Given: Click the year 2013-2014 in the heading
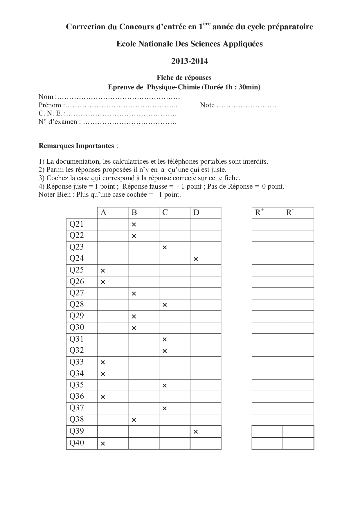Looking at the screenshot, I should point(189,61).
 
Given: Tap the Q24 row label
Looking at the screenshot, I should point(77,258).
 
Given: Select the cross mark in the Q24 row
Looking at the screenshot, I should point(196,259).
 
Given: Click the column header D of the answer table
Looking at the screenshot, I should point(196,213).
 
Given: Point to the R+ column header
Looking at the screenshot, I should point(259,212).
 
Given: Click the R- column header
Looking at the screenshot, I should point(290,212).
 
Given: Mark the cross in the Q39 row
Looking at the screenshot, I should point(196,432).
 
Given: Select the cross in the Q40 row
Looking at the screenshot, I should point(103,443).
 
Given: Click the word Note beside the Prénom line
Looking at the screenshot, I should point(207,105).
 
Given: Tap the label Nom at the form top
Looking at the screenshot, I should point(46,97).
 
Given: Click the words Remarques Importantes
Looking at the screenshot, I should point(76,146).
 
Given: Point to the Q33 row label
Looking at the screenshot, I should point(77,362).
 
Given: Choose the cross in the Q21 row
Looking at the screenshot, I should point(134,225).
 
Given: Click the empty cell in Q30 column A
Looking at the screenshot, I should point(113,328).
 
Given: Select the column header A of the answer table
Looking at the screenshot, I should point(103,213).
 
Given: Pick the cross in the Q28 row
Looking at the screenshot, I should point(165,305).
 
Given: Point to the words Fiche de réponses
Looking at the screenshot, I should point(184,77).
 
